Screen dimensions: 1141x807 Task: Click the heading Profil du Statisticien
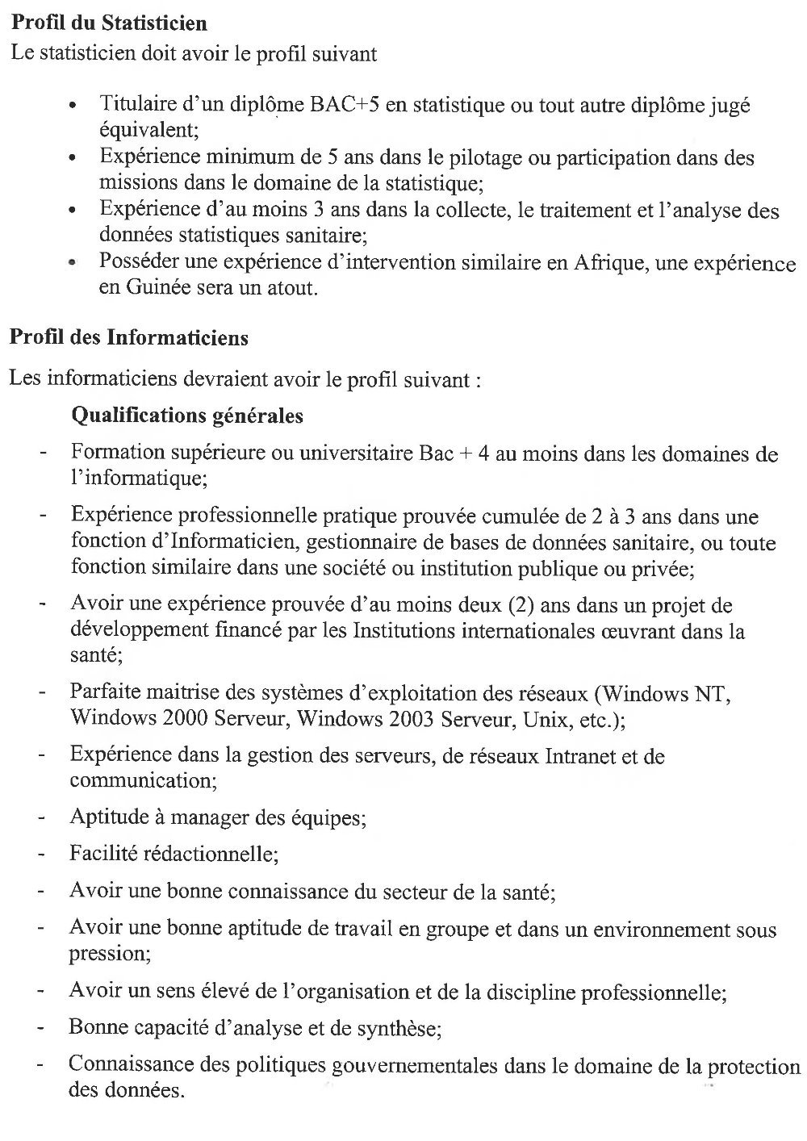point(108,23)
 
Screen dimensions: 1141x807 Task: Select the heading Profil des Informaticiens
point(129,337)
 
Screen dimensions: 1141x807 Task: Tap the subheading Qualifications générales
point(187,416)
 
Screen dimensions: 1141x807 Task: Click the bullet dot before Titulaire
point(73,107)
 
